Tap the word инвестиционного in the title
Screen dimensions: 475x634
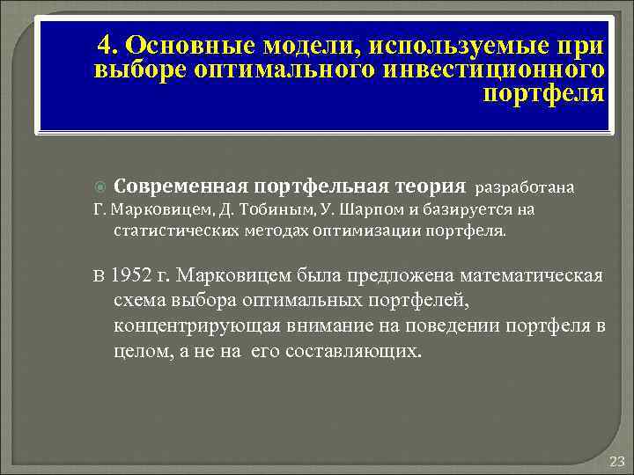(498, 69)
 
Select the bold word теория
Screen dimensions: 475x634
(427, 186)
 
